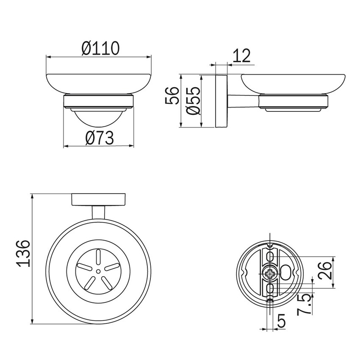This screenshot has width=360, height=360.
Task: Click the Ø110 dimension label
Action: point(100,48)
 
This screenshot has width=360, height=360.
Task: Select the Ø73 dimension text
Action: point(100,138)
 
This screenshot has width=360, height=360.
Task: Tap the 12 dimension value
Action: point(241,56)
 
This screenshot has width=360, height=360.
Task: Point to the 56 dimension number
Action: point(172,96)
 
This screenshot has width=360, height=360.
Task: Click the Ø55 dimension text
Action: point(193,100)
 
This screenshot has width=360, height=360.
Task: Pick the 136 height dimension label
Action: point(24,253)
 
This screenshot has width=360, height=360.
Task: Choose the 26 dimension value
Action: point(325,271)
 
